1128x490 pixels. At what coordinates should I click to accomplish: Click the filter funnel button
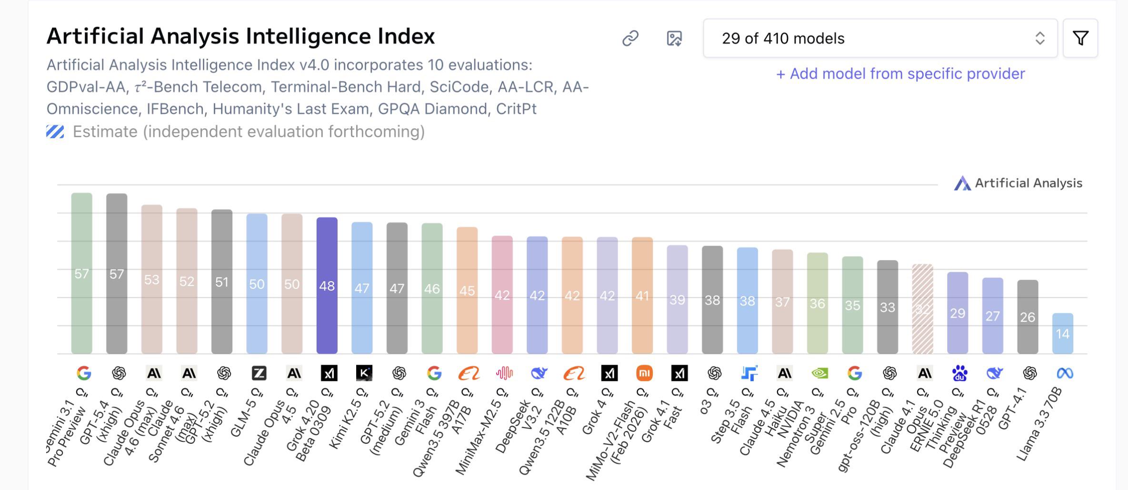[1080, 38]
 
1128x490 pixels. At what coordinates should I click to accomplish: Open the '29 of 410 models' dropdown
[880, 38]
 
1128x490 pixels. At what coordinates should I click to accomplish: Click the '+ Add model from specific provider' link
[900, 74]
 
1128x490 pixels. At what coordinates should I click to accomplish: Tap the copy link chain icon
[630, 38]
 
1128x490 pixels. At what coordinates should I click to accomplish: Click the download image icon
[674, 38]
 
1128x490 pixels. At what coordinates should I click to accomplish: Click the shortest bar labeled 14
[1062, 333]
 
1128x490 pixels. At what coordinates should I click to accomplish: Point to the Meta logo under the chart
[1065, 373]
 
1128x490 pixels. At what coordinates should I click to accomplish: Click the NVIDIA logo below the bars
[819, 373]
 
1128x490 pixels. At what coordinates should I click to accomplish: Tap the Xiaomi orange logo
[644, 373]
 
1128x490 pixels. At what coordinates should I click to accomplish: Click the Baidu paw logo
[959, 373]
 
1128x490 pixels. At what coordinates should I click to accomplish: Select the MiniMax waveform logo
[504, 373]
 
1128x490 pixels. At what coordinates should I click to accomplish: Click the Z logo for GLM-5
[259, 373]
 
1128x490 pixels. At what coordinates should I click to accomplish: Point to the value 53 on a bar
[152, 280]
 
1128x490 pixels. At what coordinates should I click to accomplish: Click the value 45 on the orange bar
[467, 291]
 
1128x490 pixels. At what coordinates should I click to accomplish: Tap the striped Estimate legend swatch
[55, 132]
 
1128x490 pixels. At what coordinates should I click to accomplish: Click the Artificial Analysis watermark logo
[962, 184]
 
